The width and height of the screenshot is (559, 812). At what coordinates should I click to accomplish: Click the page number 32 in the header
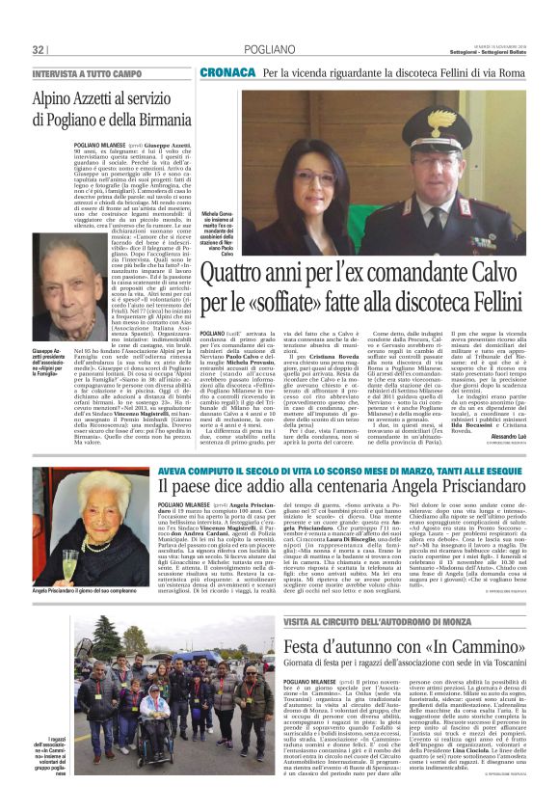(39, 49)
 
